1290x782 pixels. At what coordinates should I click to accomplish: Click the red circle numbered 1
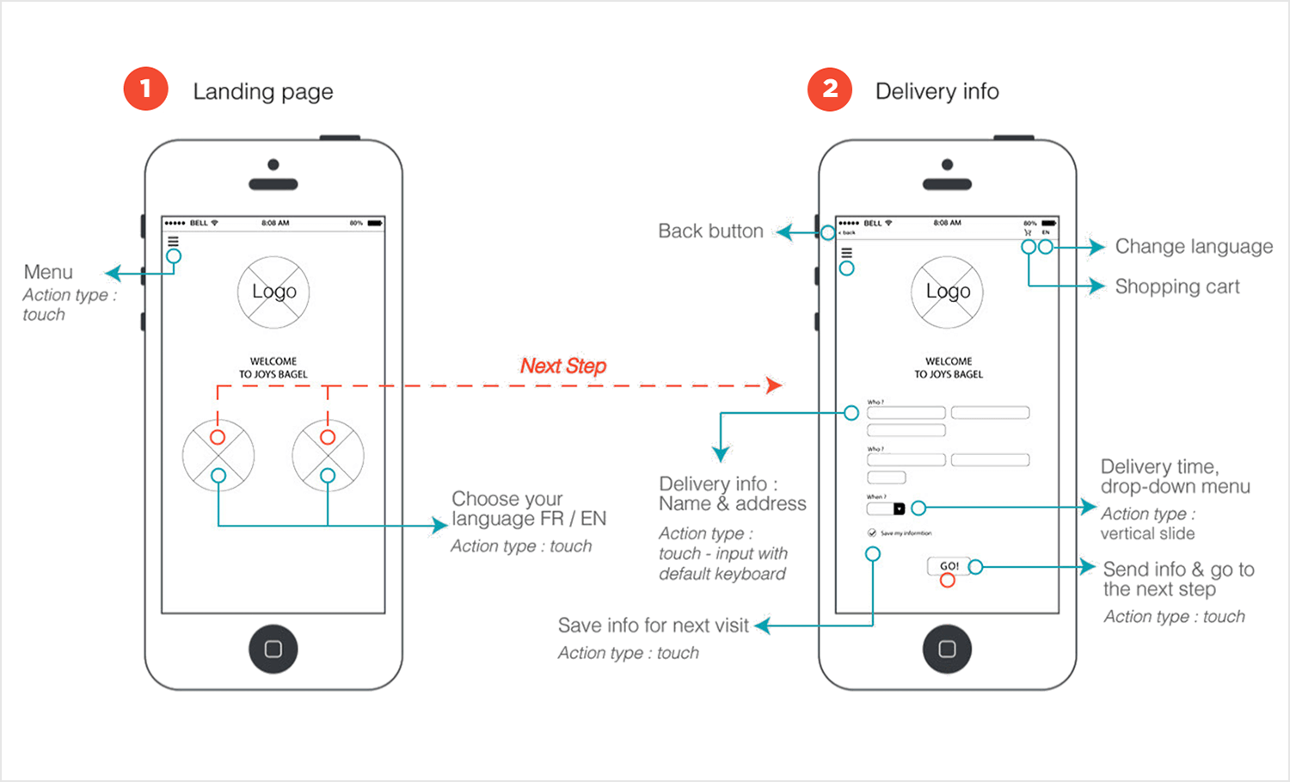[x=145, y=89]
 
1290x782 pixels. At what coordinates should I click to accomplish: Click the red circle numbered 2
[x=829, y=89]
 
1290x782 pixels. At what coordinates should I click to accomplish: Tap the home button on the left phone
[x=273, y=649]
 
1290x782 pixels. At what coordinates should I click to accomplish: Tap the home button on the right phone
[x=947, y=649]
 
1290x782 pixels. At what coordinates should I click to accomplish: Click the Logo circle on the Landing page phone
[x=273, y=292]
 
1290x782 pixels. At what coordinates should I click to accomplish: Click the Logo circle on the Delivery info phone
[x=948, y=292]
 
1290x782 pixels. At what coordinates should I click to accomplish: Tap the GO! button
[x=949, y=566]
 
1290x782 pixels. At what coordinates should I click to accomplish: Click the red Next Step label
[x=563, y=366]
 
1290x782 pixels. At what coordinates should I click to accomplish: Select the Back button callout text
[x=710, y=231]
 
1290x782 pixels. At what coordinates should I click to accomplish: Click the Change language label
[x=1194, y=247]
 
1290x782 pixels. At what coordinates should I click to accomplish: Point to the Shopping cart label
[x=1177, y=286]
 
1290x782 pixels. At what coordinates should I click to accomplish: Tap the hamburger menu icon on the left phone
[x=173, y=242]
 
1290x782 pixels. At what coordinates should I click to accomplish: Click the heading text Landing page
[x=263, y=91]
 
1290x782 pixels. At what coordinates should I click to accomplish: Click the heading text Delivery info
[x=937, y=91]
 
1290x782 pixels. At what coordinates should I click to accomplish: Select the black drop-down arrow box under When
[x=899, y=508]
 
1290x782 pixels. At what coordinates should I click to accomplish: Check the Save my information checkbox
[x=872, y=533]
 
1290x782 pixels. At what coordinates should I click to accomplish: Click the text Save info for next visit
[x=653, y=625]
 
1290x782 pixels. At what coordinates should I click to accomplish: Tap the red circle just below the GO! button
[x=947, y=581]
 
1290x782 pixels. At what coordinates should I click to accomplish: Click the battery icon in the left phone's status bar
[x=375, y=224]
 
